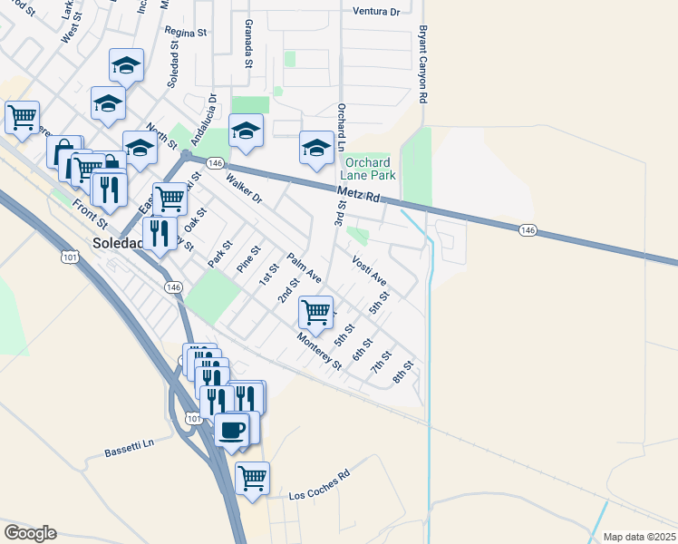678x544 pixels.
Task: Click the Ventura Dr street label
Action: (x=374, y=12)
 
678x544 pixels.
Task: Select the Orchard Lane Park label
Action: (x=370, y=168)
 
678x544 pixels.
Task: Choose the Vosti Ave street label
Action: (x=370, y=270)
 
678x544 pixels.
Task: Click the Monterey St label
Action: (x=318, y=351)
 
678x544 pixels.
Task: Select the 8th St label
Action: (x=404, y=372)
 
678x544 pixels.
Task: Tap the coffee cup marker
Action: (x=232, y=429)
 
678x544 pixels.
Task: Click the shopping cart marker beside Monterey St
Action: (x=315, y=312)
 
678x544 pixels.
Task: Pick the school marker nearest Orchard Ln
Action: (x=316, y=148)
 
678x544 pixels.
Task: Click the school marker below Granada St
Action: (x=245, y=131)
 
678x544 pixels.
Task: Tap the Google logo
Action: (x=30, y=533)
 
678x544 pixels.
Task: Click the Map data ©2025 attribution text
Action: (x=639, y=537)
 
